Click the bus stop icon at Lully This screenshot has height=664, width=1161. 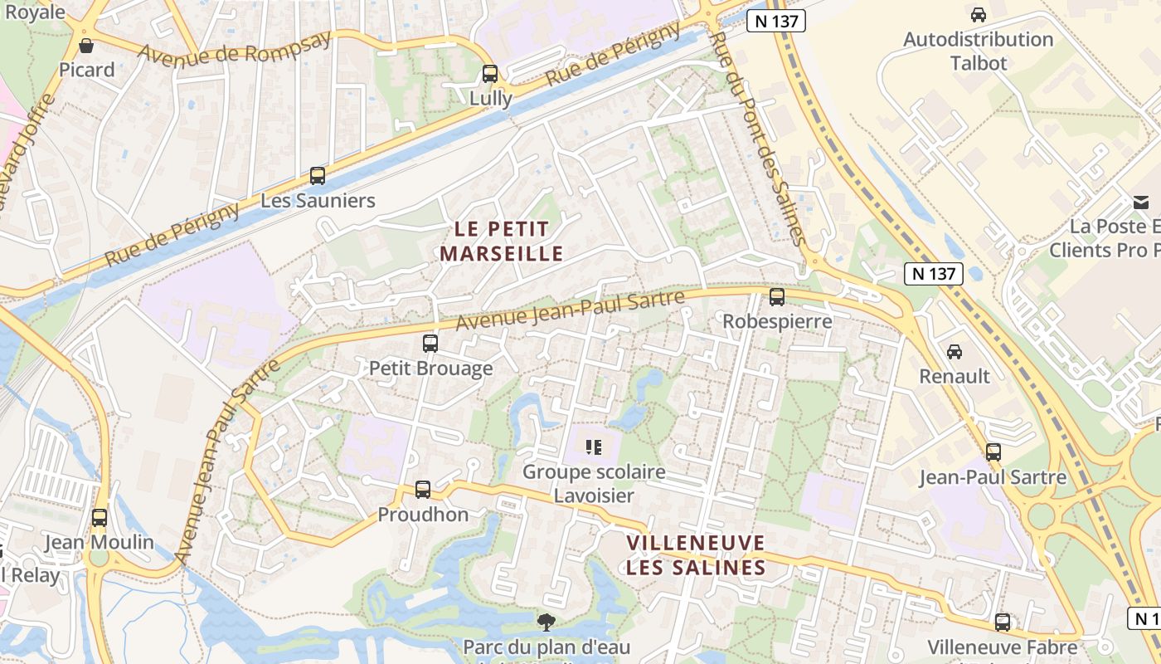[490, 74]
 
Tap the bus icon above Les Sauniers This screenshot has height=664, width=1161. [318, 176]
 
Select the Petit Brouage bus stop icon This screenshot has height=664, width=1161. [430, 343]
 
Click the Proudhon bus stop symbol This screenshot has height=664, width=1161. [423, 490]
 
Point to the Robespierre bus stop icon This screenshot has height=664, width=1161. [777, 296]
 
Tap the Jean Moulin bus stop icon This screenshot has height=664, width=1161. [100, 518]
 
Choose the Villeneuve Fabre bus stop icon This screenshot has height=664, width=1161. [1003, 622]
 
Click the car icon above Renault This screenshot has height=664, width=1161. [955, 352]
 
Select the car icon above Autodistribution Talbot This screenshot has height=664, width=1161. [979, 15]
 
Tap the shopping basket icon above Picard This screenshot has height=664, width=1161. [86, 46]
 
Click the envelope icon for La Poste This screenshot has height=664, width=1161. [1141, 202]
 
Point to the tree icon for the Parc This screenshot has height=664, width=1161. [546, 622]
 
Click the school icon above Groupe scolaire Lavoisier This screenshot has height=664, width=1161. [593, 448]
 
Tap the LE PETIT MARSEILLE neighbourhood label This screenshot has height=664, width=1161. [501, 241]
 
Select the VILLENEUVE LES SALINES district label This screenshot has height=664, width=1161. [696, 555]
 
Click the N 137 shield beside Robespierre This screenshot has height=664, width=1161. [933, 273]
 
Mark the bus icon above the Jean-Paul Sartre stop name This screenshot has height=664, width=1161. [993, 452]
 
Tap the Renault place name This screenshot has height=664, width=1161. [955, 376]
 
